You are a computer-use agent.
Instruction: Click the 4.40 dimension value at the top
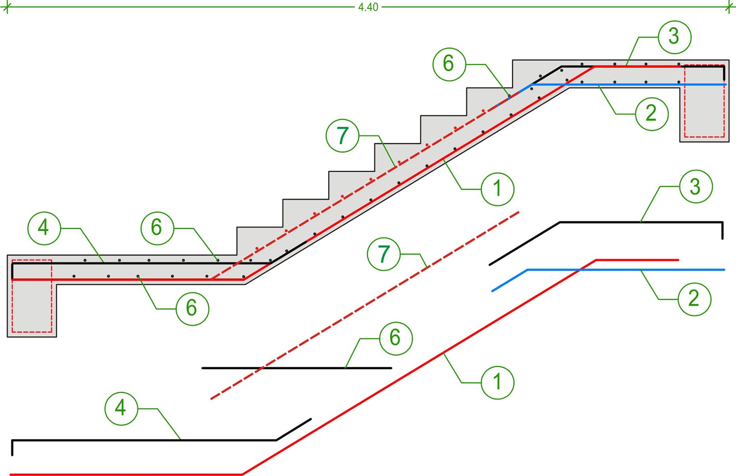coord(368,8)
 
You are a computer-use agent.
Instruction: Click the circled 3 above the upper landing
coord(674,37)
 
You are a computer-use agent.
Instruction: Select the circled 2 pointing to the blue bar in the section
coord(651,114)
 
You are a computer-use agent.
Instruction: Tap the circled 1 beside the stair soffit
coord(498,189)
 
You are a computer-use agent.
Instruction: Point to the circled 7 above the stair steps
coord(342,136)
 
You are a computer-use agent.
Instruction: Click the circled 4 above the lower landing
coord(44,228)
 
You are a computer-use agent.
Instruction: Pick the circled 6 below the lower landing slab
coord(192,308)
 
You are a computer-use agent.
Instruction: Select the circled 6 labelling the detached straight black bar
coord(395,338)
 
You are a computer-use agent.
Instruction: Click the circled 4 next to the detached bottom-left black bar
coord(121,408)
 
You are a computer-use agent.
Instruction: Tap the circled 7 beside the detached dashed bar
coord(384,254)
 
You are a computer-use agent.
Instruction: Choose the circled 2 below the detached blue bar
coord(694,298)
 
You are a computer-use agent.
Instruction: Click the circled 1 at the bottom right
coord(498,382)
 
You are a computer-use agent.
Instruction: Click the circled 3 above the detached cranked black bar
coord(696,187)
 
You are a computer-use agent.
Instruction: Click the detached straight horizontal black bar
coord(297,368)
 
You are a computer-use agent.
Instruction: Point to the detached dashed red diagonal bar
coord(365,305)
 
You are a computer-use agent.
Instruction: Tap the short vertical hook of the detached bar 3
coord(723,230)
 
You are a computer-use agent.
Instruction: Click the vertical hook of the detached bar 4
coord(13,448)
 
